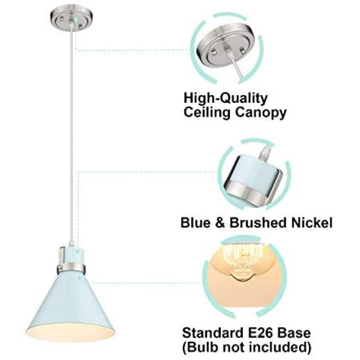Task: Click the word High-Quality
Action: coord(226,99)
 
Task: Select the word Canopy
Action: coord(261,114)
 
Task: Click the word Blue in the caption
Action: coord(195,223)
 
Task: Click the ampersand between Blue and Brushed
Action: coord(220,223)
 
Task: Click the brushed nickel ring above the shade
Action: coord(72,268)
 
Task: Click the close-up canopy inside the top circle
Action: coord(225,48)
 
